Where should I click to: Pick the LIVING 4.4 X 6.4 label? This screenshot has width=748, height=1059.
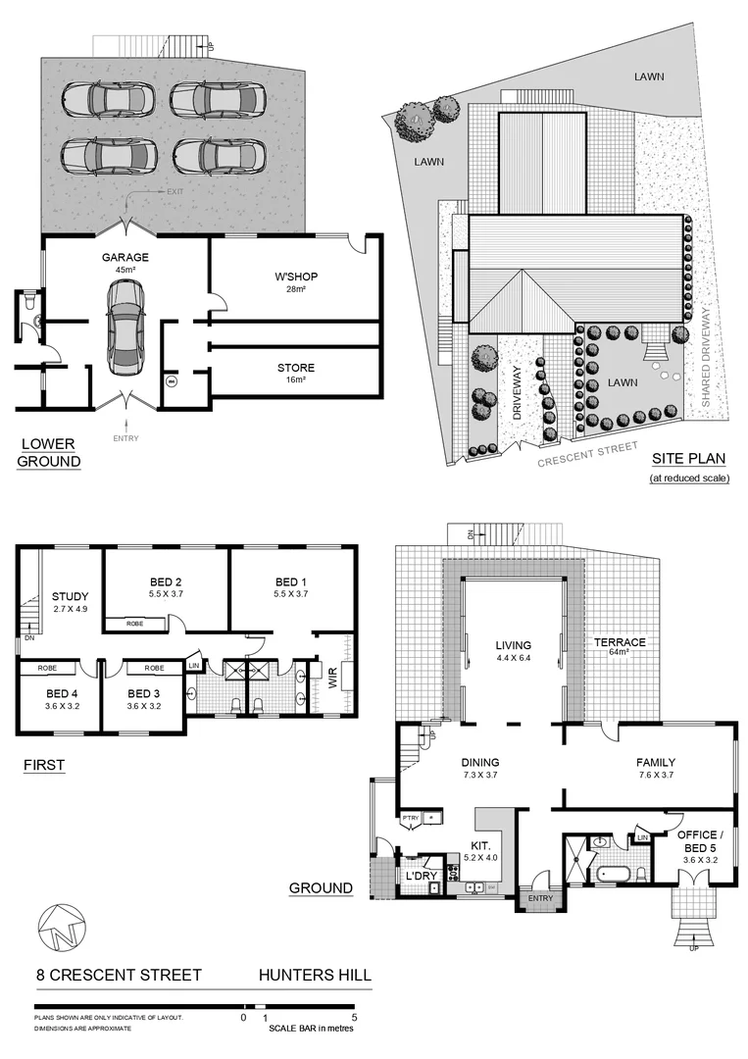(513, 649)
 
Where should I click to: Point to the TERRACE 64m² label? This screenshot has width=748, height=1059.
(621, 647)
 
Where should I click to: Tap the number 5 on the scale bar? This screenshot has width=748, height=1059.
(354, 1018)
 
